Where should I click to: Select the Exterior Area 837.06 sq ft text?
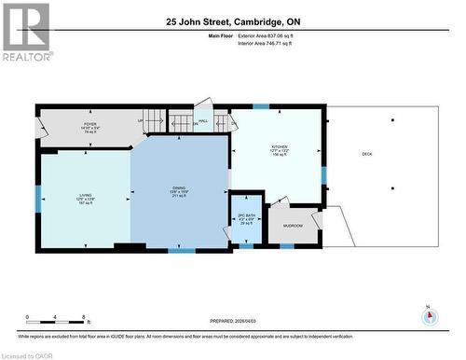[266, 35]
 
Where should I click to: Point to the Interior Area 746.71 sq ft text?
[265, 43]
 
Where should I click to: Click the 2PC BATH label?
[247, 220]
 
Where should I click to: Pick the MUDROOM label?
[293, 226]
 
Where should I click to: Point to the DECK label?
[366, 154]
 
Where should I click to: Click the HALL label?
[202, 120]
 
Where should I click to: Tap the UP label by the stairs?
[141, 120]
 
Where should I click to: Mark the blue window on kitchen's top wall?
[260, 106]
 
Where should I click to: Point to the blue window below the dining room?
[182, 250]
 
